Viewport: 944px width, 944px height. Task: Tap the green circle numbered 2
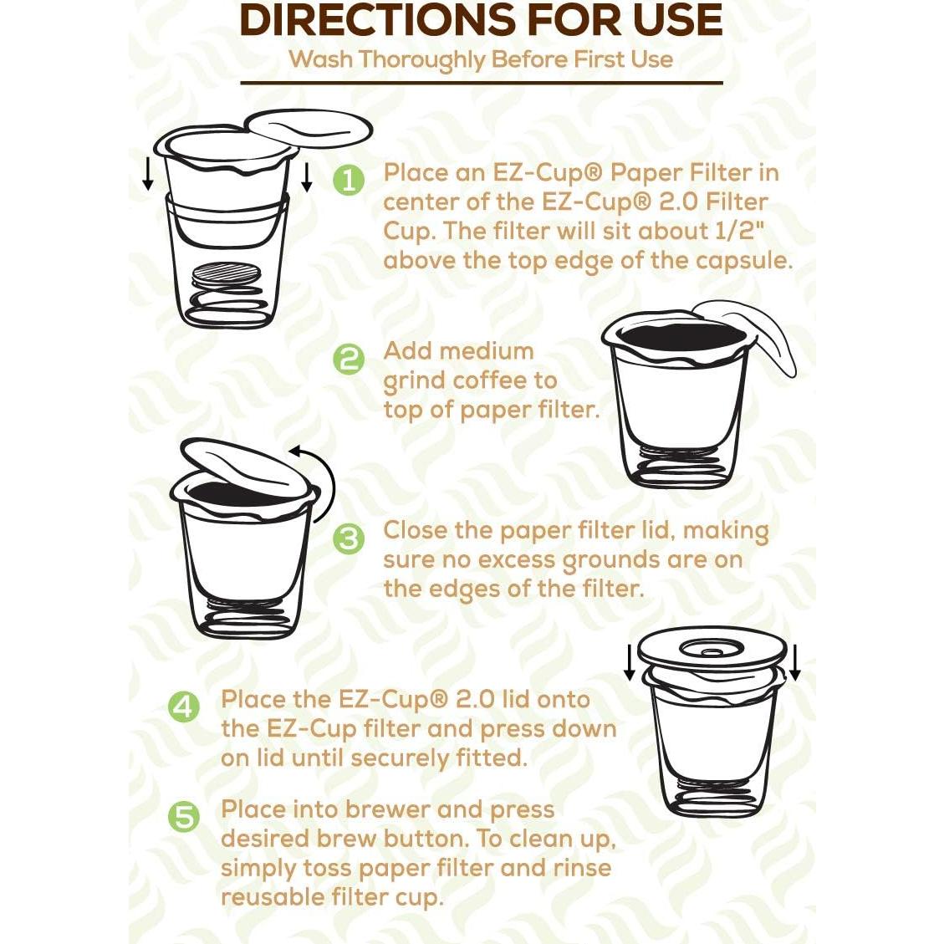[x=349, y=359]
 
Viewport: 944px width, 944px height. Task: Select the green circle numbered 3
[x=349, y=538]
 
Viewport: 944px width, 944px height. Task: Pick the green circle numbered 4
[x=184, y=707]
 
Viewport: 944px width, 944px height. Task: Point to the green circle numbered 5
[x=184, y=817]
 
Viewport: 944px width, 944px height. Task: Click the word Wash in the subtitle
[x=320, y=60]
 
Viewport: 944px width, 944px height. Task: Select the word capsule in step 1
[x=743, y=260]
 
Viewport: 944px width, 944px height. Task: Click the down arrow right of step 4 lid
[x=794, y=662]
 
